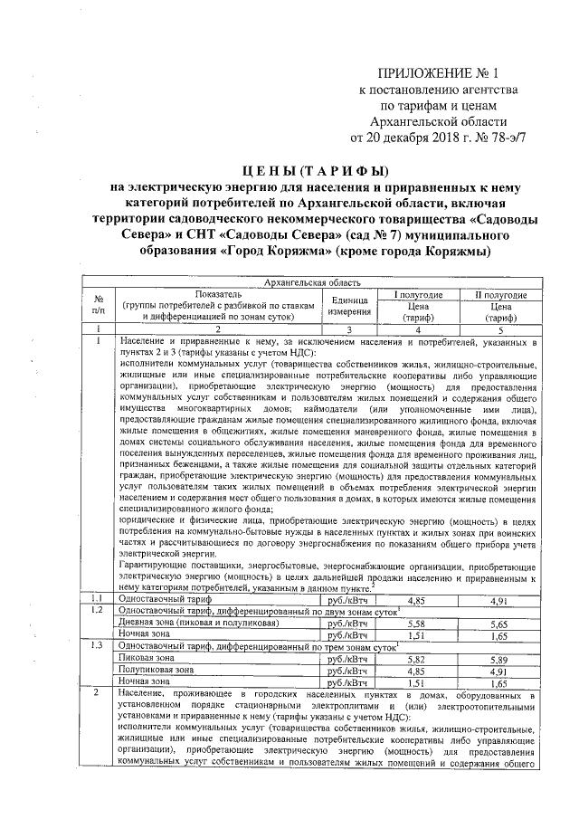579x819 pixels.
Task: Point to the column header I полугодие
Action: (x=417, y=295)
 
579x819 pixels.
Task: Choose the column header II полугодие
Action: (x=500, y=295)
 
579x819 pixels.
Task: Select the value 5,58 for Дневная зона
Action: (x=416, y=624)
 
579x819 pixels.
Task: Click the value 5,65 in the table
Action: (x=499, y=624)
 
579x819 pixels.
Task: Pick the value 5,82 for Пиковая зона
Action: (x=416, y=660)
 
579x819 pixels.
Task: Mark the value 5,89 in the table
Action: (x=499, y=660)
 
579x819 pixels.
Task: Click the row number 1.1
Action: (x=98, y=599)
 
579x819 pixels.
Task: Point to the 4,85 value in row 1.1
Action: (x=416, y=599)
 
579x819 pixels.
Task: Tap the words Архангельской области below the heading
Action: (x=443, y=122)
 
